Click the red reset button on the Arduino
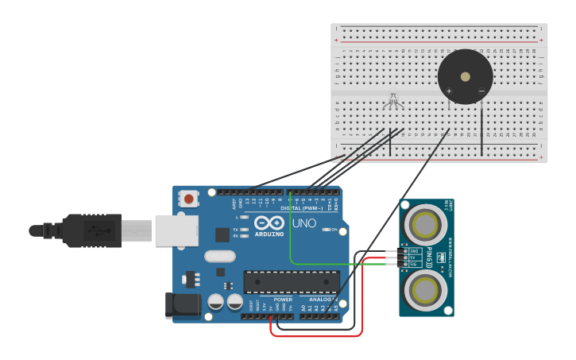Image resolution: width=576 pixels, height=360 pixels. [188, 199]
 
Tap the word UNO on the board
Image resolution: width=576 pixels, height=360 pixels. [304, 223]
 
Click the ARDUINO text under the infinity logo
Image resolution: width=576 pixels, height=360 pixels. [269, 234]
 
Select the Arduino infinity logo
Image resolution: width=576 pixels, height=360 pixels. [269, 223]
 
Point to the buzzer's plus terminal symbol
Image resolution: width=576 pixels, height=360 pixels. [449, 91]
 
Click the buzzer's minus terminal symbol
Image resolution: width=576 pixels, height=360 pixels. [481, 91]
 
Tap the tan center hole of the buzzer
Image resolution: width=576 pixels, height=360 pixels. [465, 76]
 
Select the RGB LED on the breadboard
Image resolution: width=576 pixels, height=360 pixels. [392, 102]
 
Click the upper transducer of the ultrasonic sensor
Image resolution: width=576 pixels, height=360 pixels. [425, 224]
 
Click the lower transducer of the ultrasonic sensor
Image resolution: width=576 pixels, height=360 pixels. [425, 291]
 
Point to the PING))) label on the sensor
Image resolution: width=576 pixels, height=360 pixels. [430, 257]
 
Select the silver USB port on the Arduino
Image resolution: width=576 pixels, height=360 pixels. [176, 230]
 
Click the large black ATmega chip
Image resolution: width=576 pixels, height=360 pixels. [292, 282]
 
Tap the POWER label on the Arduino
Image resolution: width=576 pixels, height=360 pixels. [283, 300]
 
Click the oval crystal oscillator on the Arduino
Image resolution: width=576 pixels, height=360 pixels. [219, 256]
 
